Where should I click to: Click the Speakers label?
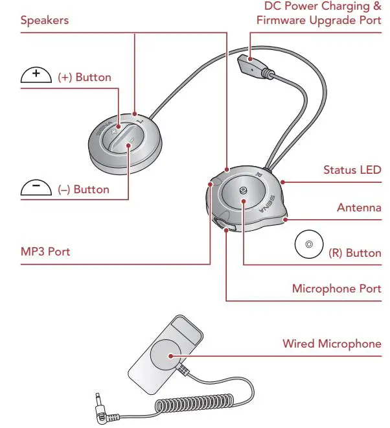click(44, 20)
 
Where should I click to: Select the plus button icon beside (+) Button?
click(37, 76)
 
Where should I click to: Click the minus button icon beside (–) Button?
click(37, 189)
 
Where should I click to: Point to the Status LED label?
click(352, 170)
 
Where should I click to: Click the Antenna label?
click(359, 208)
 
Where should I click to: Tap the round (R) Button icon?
click(308, 245)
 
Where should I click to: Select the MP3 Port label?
click(45, 252)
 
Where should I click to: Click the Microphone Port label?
click(336, 288)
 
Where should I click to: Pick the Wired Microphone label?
click(332, 343)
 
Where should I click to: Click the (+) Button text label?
click(84, 77)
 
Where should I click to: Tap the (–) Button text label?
click(84, 190)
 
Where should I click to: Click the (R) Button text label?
click(354, 253)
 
